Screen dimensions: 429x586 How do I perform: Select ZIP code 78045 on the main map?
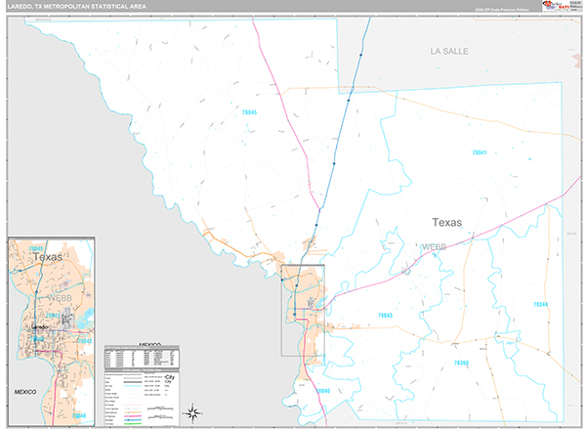(x=249, y=113)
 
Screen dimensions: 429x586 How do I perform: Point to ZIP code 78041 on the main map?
(x=479, y=153)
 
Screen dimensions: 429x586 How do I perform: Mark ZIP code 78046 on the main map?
(x=323, y=391)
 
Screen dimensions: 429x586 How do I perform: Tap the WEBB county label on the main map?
(x=434, y=248)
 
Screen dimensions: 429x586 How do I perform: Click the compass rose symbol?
(x=193, y=410)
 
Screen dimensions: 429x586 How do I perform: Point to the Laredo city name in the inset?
(x=39, y=327)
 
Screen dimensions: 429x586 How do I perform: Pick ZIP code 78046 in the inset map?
(x=79, y=416)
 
